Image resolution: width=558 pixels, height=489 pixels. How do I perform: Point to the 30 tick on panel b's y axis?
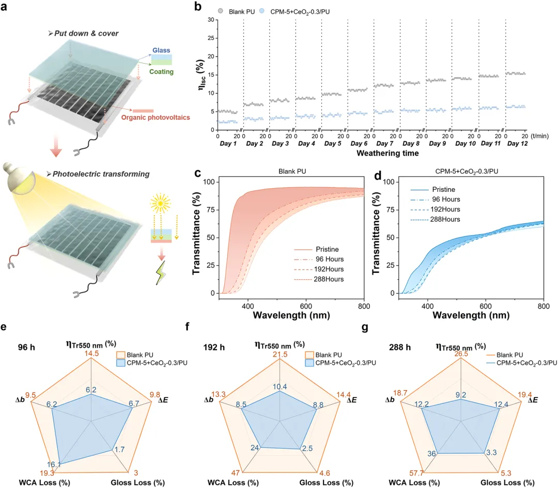[210, 20]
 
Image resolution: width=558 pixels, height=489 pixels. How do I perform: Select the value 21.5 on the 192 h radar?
[280, 353]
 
